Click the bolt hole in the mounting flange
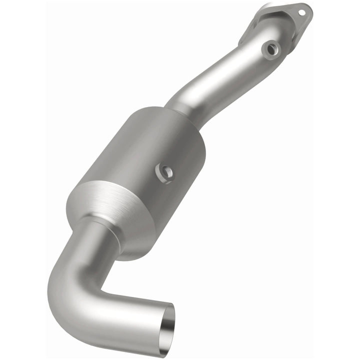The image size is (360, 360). pyautogui.click(x=301, y=9)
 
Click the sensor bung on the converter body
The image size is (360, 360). pyautogui.click(x=164, y=172)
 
